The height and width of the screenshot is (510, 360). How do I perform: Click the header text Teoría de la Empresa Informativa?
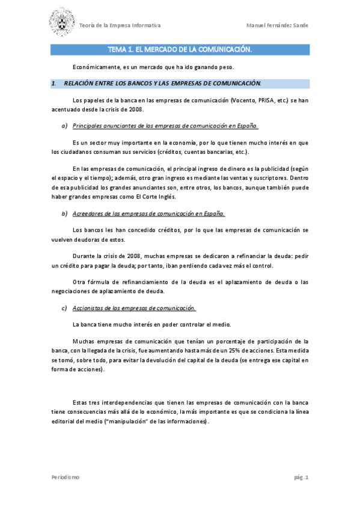(120, 25)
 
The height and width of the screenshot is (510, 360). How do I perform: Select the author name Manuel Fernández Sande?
(277, 25)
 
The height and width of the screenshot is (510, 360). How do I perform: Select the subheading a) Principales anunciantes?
(165, 126)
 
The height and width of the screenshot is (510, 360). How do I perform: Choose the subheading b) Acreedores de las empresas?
(148, 214)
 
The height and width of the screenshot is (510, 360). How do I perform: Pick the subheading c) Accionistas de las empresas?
(134, 308)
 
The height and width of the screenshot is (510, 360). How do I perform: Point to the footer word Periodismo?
(65, 477)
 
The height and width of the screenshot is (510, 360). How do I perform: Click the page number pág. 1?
(301, 477)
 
